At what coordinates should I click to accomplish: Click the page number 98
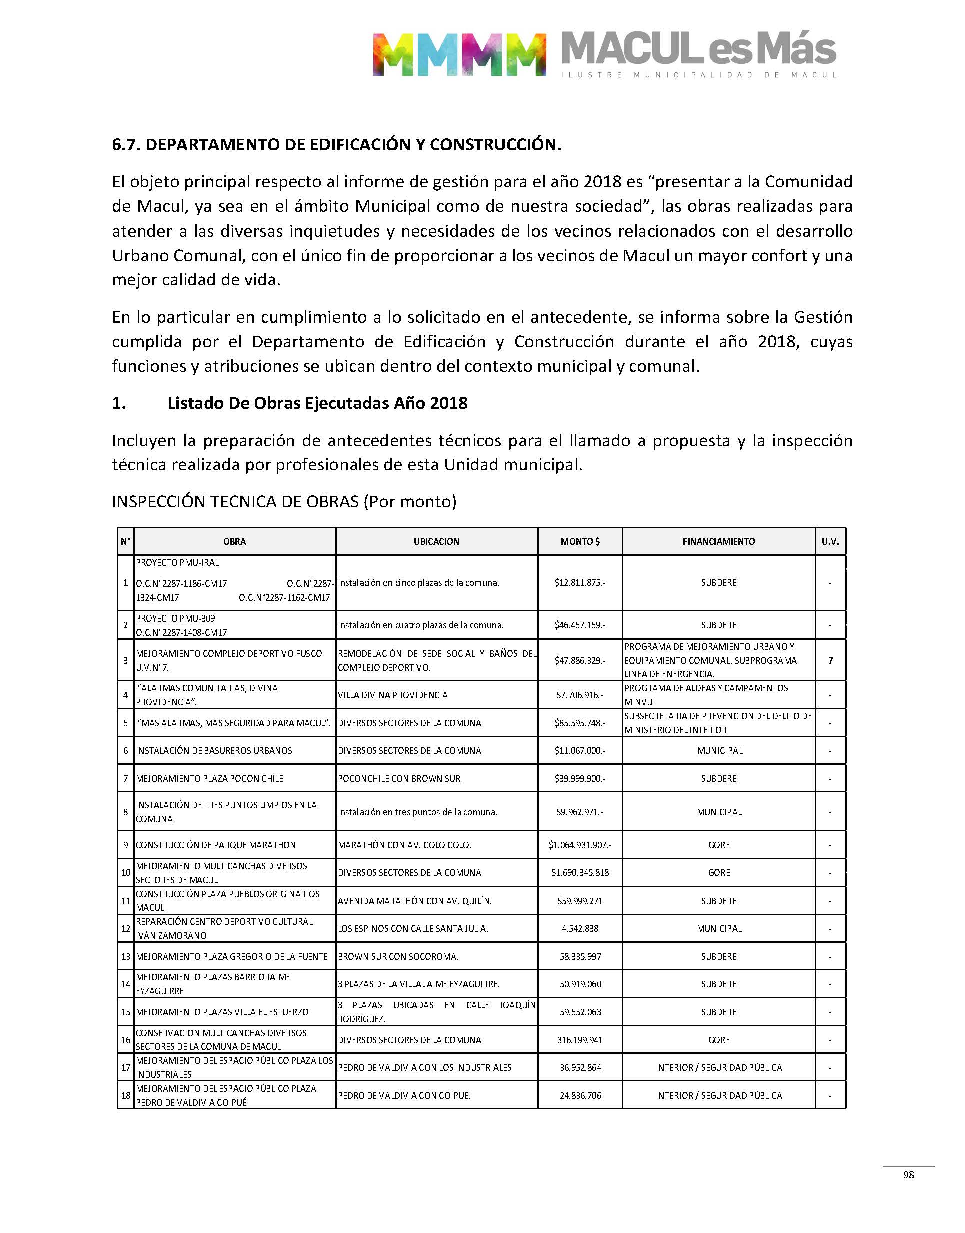point(908,1175)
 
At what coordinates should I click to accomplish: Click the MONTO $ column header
point(580,541)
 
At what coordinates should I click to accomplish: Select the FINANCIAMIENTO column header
point(718,541)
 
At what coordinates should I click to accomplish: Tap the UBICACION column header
point(436,541)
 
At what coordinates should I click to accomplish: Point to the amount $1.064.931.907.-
point(580,845)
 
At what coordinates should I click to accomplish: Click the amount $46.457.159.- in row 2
point(580,626)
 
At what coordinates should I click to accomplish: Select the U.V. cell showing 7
point(830,661)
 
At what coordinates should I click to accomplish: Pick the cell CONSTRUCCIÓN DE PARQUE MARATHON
point(216,845)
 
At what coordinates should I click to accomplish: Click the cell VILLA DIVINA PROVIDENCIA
point(393,695)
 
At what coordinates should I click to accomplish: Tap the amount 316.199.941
point(580,1040)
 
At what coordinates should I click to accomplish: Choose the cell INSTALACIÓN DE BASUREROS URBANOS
point(214,751)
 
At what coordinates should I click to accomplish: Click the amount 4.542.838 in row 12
point(580,928)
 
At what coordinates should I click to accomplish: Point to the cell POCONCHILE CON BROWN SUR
point(399,779)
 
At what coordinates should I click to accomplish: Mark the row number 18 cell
point(126,1095)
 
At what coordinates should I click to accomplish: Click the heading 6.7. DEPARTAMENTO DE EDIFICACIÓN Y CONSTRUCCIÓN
point(336,145)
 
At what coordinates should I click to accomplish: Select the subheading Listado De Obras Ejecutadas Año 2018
point(317,403)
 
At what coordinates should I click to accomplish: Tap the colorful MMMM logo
point(459,54)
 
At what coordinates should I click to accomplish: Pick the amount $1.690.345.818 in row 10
point(580,873)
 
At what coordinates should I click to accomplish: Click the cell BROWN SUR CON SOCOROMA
point(398,957)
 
